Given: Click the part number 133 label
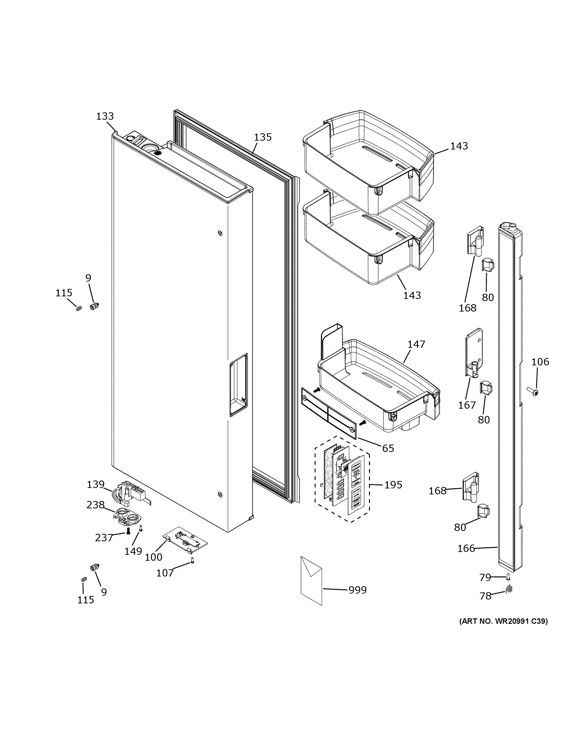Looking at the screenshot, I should pyautogui.click(x=105, y=116).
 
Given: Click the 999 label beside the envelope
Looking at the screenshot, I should pyautogui.click(x=358, y=590).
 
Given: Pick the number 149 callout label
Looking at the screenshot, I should pyautogui.click(x=133, y=551).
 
